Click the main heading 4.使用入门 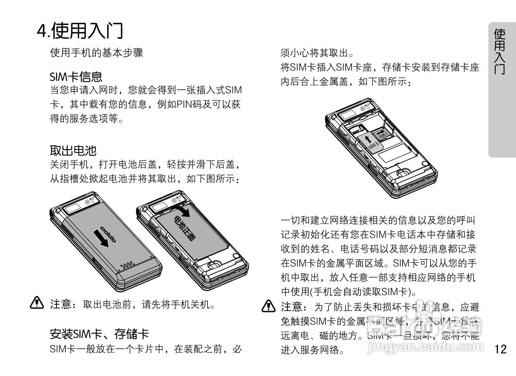coord(80,31)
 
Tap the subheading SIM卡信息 coord(76,77)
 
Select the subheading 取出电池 coord(73,150)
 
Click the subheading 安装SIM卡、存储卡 coord(99,334)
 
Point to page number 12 coord(500,349)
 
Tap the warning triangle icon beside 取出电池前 coord(37,303)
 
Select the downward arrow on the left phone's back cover coord(101,238)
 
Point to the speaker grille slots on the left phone coord(127,265)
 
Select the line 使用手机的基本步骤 coord(97,53)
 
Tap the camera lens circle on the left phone coord(87,202)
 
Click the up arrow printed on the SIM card coord(368,139)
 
